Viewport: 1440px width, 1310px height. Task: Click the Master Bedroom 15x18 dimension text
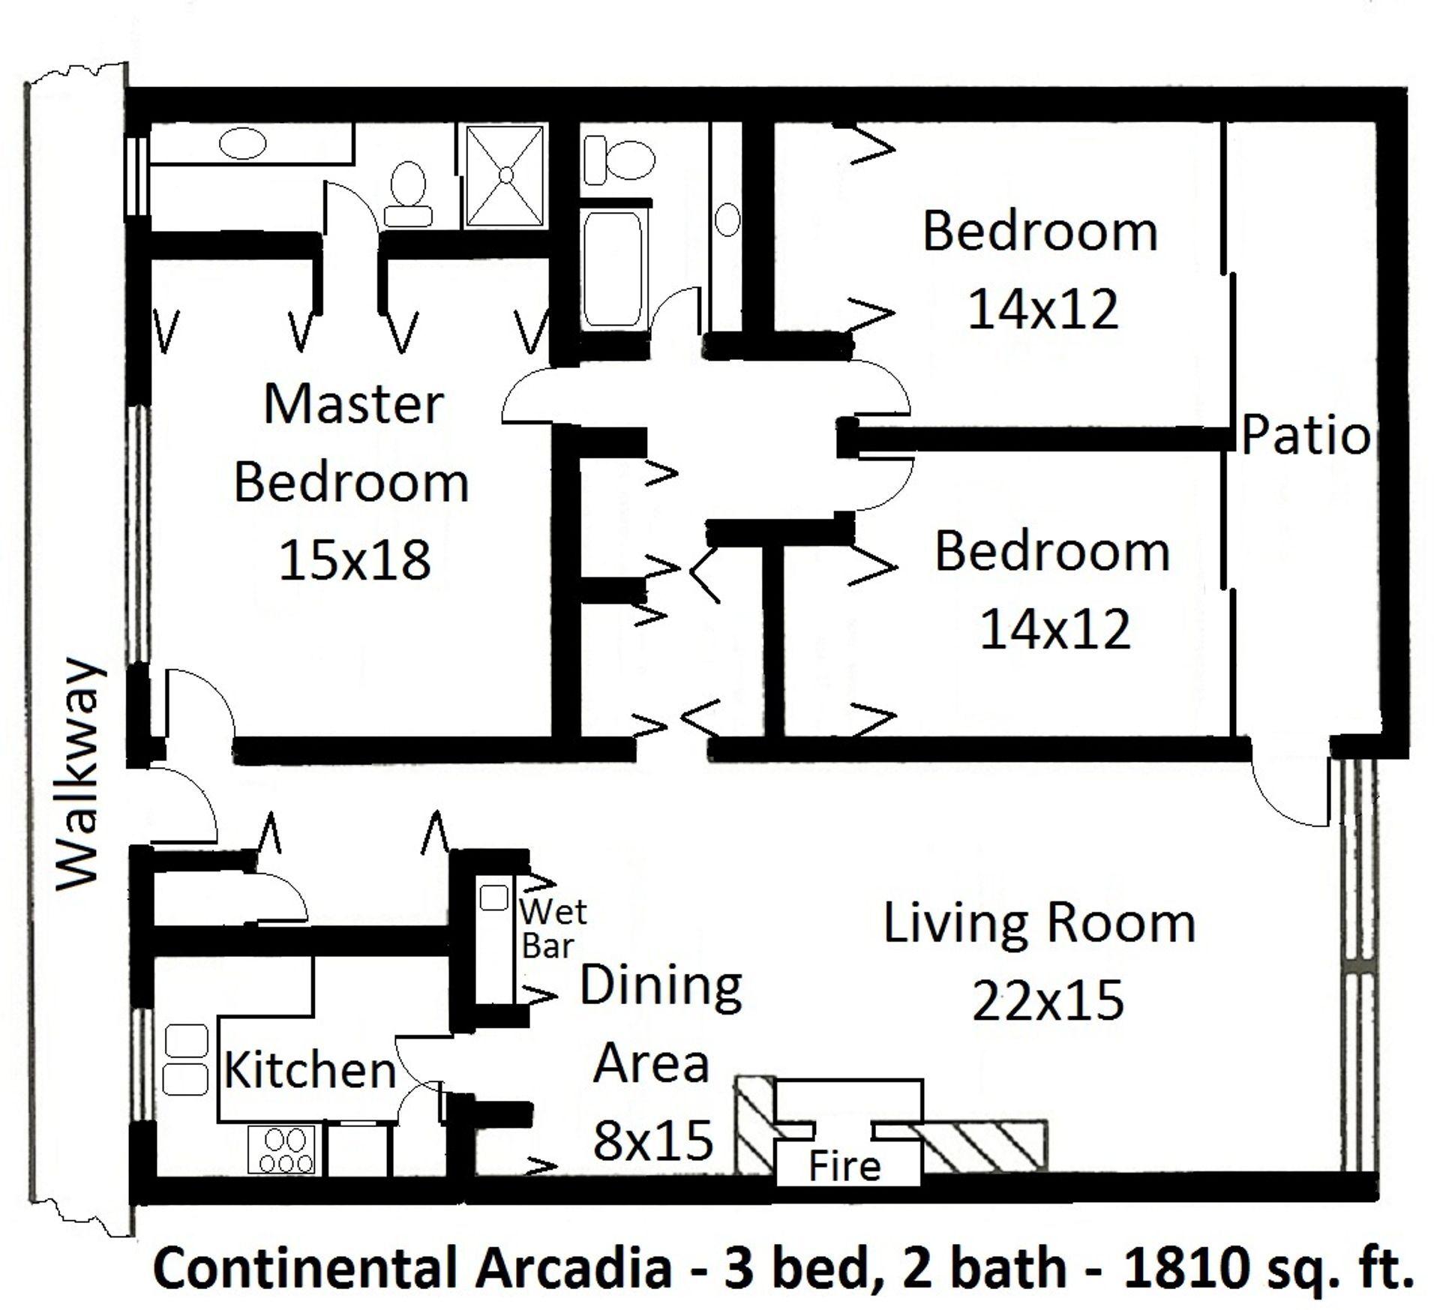point(355,560)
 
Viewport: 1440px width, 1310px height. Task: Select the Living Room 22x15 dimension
point(1048,1000)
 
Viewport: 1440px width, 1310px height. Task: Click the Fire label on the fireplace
point(844,1167)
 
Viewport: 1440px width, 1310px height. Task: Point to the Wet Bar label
point(553,928)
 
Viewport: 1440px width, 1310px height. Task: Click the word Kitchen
point(310,1069)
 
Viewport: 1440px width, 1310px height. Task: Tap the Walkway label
point(78,775)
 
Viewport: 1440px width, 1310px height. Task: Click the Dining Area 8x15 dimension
point(652,1140)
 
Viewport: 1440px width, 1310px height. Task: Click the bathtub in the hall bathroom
point(613,268)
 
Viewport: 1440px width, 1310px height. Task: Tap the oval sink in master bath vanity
point(245,143)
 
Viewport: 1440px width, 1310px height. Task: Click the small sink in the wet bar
point(493,898)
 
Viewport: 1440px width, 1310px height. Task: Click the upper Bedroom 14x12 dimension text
point(1042,309)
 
